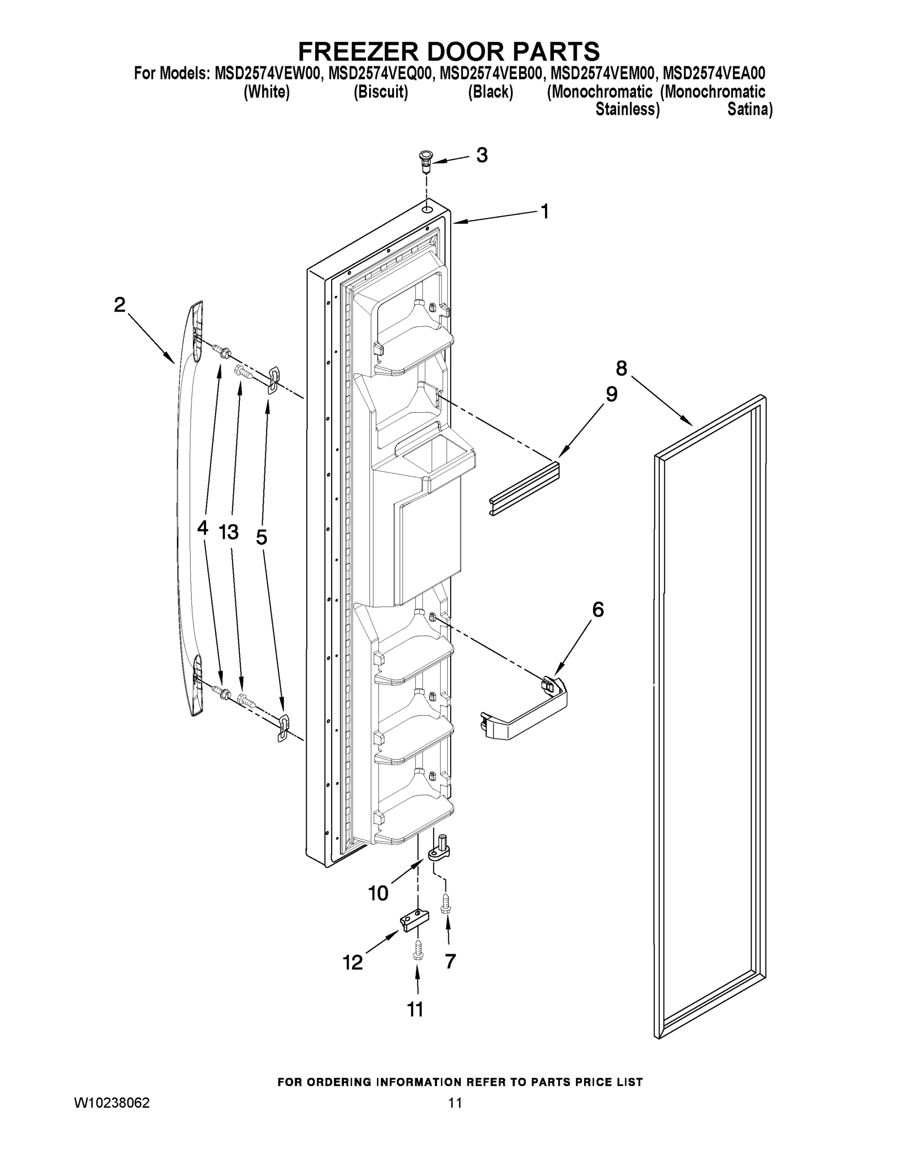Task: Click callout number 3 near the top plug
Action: (x=482, y=156)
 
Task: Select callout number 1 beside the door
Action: (x=545, y=211)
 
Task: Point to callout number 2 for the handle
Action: (x=120, y=305)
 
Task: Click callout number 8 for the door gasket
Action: (x=621, y=369)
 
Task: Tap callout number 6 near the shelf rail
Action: (x=597, y=610)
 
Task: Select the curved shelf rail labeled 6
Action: (x=526, y=711)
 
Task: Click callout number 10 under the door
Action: (x=378, y=894)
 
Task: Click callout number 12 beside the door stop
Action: (x=353, y=963)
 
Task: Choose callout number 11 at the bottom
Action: (x=415, y=1009)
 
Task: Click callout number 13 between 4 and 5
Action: (x=228, y=532)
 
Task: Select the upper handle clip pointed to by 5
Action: (x=273, y=379)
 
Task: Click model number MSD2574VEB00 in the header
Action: (x=490, y=74)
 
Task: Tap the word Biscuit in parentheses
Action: (x=380, y=92)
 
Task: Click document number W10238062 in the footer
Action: (x=112, y=1103)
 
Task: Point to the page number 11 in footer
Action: (x=455, y=1103)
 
